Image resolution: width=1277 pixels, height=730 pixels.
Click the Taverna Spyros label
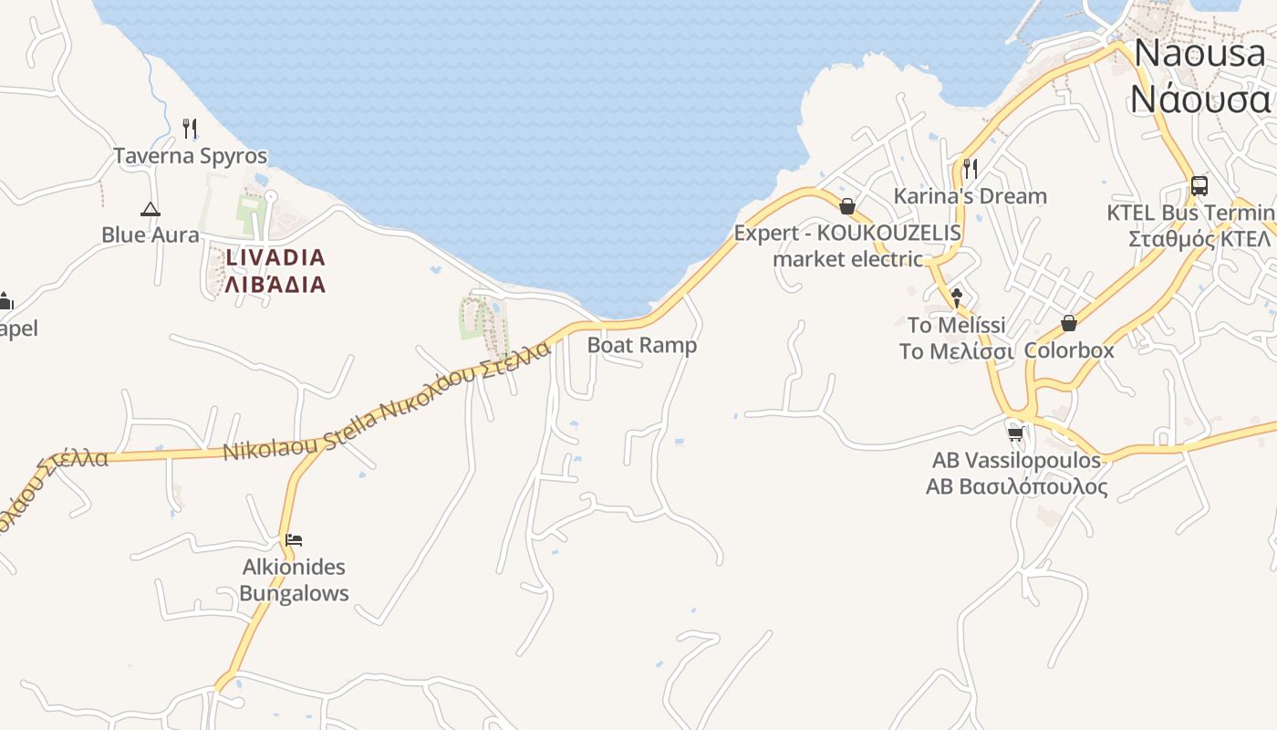[190, 156]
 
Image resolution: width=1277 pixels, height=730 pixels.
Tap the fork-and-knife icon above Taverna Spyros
[190, 128]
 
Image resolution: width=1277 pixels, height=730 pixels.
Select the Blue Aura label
[150, 235]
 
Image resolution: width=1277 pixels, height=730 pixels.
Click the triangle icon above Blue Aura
[151, 209]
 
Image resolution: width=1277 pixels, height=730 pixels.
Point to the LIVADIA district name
[275, 257]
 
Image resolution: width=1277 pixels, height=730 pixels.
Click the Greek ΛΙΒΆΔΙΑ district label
[275, 284]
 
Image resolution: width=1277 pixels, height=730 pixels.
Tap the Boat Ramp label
[642, 345]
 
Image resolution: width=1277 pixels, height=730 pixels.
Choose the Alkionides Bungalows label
[294, 579]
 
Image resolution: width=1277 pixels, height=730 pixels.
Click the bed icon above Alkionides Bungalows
[294, 540]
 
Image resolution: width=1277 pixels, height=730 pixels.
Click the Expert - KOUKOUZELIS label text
[847, 233]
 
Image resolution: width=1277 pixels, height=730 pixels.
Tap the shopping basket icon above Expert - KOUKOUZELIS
[847, 206]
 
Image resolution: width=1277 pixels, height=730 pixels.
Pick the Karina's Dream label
[970, 196]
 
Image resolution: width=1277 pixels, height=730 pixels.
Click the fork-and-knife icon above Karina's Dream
[971, 169]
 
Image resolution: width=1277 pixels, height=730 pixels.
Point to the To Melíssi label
[956, 326]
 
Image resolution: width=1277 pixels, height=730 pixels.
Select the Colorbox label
[1069, 350]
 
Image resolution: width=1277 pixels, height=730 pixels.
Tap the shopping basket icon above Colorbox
[1069, 323]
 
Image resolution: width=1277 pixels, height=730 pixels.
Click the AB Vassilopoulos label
[1016, 460]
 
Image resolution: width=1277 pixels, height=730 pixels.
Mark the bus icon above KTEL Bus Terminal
[1199, 186]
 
